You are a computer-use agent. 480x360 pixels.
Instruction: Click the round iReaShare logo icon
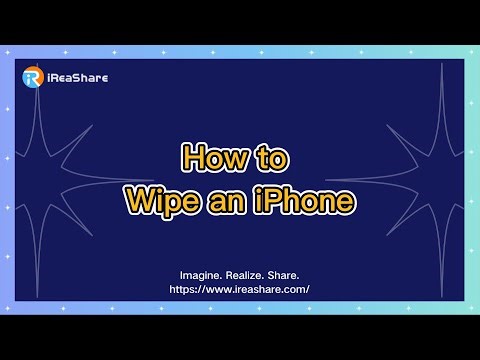33,77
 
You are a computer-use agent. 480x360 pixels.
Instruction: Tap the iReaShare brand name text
75,77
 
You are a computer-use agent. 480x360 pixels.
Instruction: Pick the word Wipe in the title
162,201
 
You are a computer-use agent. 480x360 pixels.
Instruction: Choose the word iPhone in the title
305,201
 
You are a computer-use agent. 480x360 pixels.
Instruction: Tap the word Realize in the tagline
251,274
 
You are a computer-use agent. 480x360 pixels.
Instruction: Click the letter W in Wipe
139,201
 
